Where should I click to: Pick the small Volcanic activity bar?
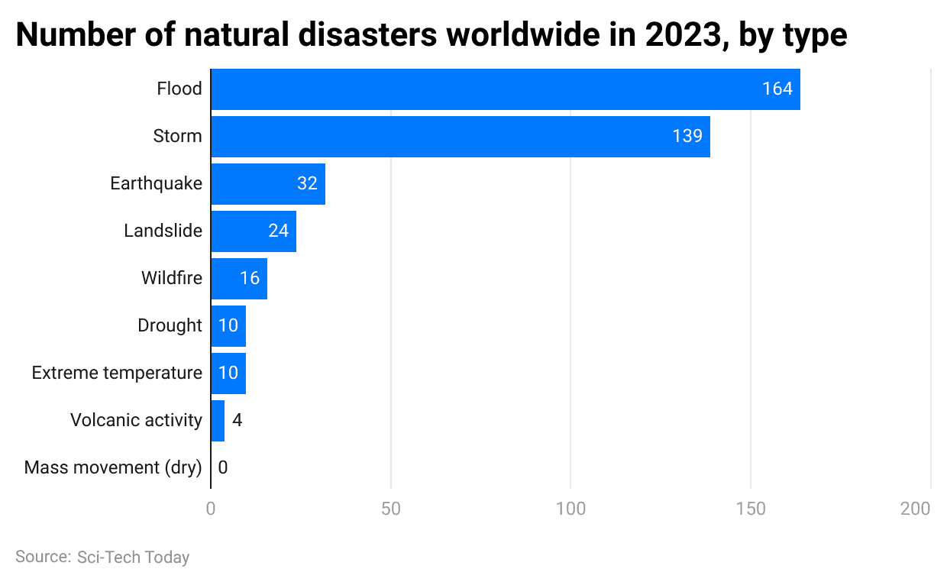(x=218, y=420)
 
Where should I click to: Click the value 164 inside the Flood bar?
(x=777, y=89)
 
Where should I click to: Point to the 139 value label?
(x=687, y=137)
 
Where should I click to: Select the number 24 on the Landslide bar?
(x=278, y=231)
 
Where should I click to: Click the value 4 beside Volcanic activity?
(x=237, y=420)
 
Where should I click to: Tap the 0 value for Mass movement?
(x=222, y=467)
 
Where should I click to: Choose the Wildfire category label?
(x=172, y=278)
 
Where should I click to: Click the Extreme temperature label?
(x=117, y=373)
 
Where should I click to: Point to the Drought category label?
(x=170, y=325)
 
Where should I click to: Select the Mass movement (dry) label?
(x=113, y=467)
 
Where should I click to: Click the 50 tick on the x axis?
(x=391, y=509)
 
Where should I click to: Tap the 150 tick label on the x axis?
(x=751, y=509)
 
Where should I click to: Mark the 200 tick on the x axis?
(x=916, y=509)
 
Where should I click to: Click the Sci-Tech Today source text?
(x=133, y=558)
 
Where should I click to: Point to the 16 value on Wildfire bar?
(x=250, y=278)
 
